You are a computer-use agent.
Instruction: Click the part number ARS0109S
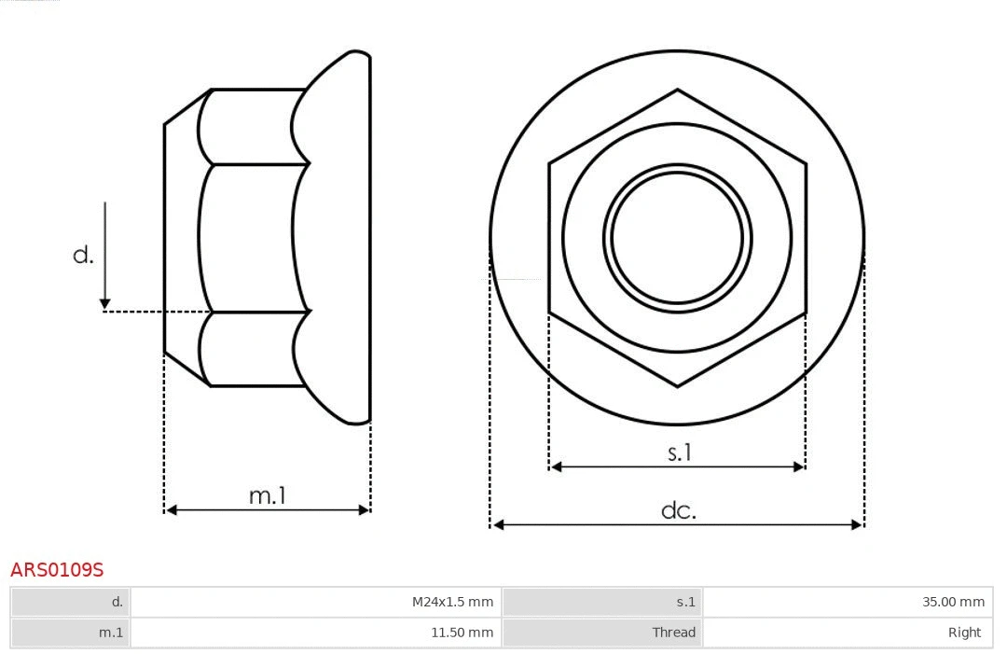tap(57, 569)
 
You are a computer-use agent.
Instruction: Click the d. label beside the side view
tap(84, 255)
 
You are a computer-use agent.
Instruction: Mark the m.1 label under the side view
tap(267, 495)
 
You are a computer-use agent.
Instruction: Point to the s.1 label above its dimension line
tap(679, 452)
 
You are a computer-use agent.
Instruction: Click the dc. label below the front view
tap(678, 510)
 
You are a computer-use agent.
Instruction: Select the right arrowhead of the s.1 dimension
tap(798, 466)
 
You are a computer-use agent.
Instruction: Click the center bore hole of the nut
tap(677, 238)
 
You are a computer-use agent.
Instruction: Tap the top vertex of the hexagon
tap(677, 90)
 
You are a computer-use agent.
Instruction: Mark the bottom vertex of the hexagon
tap(677, 385)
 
